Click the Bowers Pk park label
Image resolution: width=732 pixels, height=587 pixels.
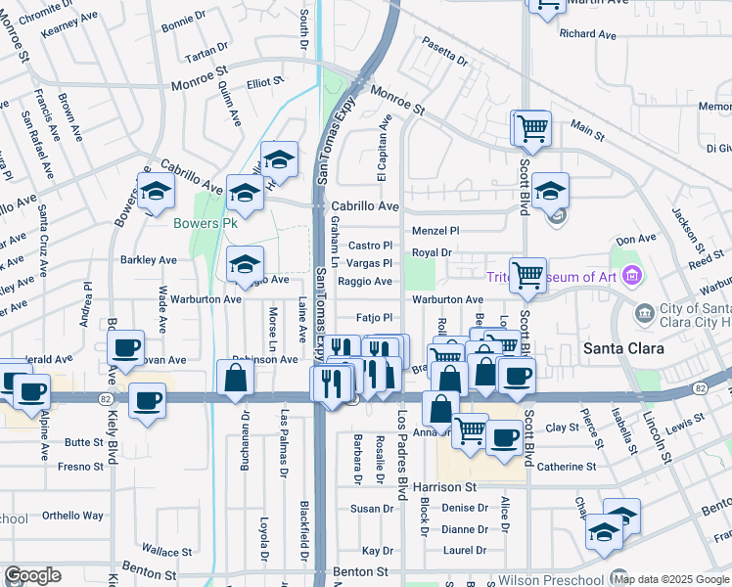206,223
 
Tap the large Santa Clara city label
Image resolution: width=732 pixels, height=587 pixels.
623,348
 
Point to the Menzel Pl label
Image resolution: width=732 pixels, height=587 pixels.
435,231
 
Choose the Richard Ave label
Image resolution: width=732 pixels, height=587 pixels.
588,34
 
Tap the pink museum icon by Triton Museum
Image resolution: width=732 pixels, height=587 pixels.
632,276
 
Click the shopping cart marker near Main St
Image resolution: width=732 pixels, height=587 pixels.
531,126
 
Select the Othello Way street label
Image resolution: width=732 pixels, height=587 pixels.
72,516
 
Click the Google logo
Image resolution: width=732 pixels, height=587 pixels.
32,575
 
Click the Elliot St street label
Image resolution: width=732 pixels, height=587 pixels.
264,84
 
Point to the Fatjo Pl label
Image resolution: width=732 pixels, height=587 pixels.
374,317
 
